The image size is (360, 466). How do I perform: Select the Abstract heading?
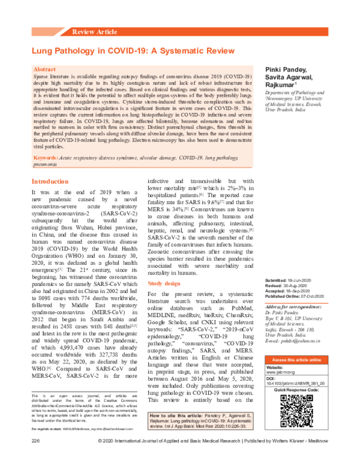46,70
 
